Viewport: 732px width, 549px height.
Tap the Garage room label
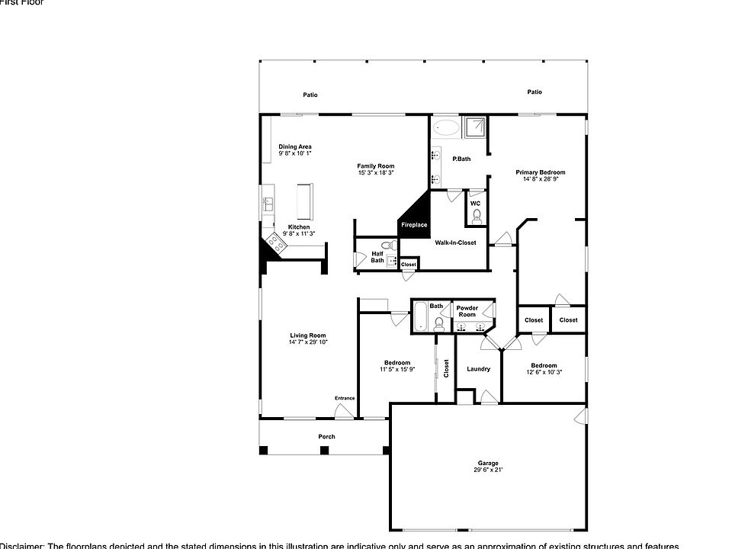488,463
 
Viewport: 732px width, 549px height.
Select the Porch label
326,437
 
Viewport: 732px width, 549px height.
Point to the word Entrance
345,398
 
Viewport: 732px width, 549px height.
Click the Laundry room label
478,369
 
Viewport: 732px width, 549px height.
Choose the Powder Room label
467,311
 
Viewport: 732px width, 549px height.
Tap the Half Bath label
377,257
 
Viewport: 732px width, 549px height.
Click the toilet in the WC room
477,217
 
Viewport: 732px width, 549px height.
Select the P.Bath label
461,159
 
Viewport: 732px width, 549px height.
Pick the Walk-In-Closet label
455,242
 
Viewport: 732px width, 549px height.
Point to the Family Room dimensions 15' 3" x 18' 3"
376,172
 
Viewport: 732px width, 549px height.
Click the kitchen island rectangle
305,201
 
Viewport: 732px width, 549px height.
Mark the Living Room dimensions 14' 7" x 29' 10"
308,342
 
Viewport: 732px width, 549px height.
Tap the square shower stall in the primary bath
477,127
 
